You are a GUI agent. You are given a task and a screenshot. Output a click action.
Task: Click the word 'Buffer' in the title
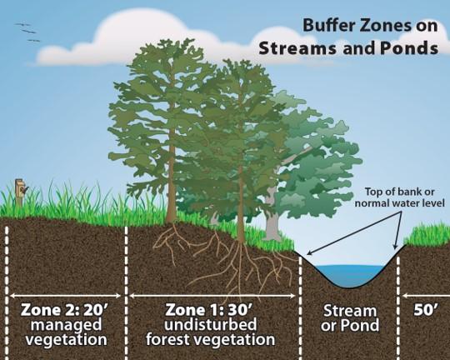pos(326,27)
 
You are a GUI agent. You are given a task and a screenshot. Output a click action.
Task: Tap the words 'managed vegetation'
pos(65,332)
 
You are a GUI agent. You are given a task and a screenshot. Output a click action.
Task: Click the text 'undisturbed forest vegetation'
pos(210,332)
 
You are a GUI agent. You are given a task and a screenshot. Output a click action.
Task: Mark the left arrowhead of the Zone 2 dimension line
pos(10,294)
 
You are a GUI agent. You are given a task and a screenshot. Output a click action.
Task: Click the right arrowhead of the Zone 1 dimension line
pos(296,294)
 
